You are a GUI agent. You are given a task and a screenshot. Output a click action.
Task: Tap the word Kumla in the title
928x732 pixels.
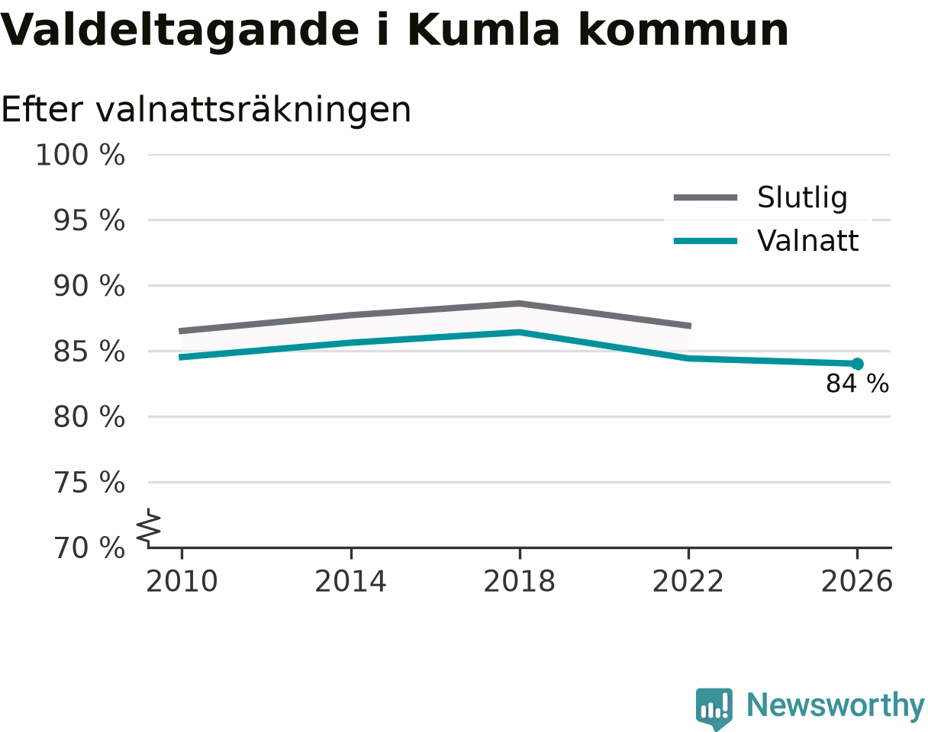point(483,30)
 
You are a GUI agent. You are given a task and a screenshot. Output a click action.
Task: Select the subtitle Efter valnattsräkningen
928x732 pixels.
point(206,111)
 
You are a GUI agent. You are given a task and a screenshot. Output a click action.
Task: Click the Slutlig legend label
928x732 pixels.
point(802,197)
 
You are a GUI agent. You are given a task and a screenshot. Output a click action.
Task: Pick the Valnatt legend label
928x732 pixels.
point(807,240)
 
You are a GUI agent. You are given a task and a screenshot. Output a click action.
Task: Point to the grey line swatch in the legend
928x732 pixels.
point(705,197)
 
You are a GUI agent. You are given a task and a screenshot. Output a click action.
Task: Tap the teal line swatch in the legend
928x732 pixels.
point(705,241)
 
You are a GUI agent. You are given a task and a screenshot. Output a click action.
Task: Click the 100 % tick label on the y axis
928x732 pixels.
point(81,155)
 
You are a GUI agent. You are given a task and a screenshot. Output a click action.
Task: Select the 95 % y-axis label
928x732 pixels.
point(89,220)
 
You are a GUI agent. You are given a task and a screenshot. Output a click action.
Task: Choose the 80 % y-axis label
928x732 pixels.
point(89,417)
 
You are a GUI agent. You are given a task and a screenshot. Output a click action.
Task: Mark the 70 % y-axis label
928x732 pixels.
point(89,548)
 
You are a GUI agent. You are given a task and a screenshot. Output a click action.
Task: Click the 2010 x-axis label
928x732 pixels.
point(182,582)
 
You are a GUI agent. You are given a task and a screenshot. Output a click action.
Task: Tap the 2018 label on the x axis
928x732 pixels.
point(519,582)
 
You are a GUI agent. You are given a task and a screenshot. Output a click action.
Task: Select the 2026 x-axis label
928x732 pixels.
point(856,582)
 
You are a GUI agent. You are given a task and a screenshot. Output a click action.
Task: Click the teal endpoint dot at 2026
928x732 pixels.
point(857,364)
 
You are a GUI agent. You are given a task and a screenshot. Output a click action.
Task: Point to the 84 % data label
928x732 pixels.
point(857,384)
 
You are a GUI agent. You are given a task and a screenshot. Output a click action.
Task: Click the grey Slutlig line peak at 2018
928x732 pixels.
point(520,303)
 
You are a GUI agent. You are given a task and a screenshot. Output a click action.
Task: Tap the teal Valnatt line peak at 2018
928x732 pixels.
point(520,332)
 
